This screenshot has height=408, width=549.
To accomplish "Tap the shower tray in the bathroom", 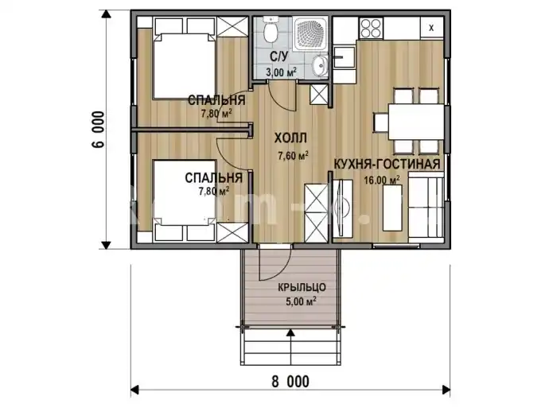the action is tap(310, 33).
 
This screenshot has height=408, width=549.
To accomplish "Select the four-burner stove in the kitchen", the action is tap(371, 28).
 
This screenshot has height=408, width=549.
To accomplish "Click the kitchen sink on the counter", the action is tap(344, 56).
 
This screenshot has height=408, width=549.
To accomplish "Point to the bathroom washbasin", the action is tap(319, 65).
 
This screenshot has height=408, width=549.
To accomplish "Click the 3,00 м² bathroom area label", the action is tap(281, 72).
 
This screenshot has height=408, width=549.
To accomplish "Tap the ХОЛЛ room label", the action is tap(290, 138).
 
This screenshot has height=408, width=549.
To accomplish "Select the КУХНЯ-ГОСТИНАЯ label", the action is tap(387, 164).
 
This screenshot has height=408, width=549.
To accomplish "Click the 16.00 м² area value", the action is tap(382, 180).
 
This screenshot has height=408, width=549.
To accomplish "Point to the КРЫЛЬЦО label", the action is tap(302, 288).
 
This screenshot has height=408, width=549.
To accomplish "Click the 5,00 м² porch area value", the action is tap(302, 301).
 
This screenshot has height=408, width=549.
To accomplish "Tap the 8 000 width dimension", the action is tap(290, 381).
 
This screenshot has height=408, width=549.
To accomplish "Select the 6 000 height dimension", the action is tap(99, 130).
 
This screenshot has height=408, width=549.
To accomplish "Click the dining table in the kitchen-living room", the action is tap(415, 122).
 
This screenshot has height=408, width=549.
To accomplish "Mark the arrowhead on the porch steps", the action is tap(290, 332).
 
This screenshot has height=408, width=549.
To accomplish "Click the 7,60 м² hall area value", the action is tap(293, 155).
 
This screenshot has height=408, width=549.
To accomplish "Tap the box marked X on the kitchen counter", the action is tap(431, 28).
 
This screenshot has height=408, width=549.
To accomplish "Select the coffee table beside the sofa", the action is tap(392, 208).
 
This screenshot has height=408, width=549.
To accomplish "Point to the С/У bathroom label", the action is tap(278, 56).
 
